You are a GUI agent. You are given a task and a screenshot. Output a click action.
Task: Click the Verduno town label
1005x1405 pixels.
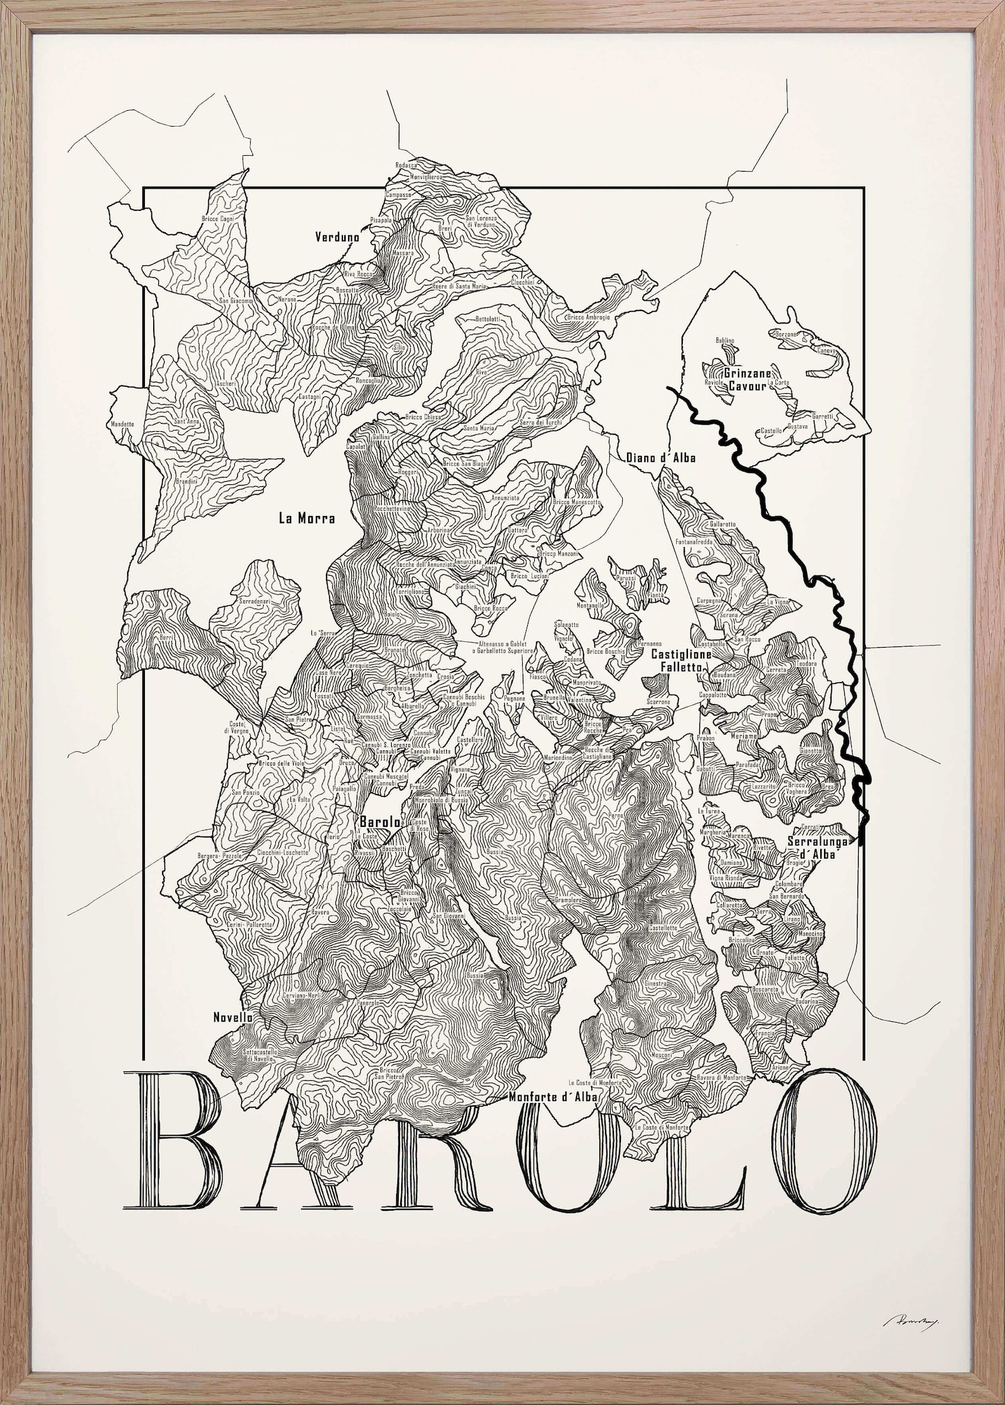(337, 237)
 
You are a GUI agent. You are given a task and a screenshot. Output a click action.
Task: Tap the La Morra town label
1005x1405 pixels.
(306, 518)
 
